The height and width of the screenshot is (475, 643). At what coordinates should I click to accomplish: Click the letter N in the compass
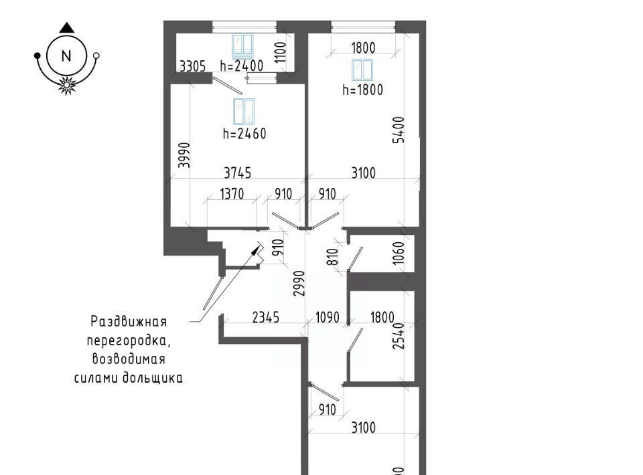pos(66,56)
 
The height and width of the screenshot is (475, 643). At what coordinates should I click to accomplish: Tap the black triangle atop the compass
pos(66,28)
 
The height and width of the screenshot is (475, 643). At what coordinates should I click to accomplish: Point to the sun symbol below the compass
pos(66,85)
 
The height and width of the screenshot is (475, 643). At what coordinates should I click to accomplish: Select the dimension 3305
pos(192,66)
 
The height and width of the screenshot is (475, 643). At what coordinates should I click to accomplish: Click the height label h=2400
pos(241,66)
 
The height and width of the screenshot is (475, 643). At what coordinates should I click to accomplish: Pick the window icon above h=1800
pos(362,70)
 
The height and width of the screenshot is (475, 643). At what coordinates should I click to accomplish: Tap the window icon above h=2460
pos(244,111)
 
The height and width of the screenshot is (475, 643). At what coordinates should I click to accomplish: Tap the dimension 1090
pos(327,317)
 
